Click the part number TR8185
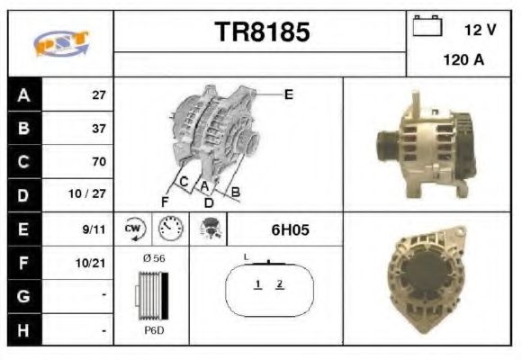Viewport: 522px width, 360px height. pyautogui.click(x=262, y=33)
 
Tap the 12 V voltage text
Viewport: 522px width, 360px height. pyautogui.click(x=481, y=30)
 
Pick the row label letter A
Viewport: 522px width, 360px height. pyautogui.click(x=22, y=94)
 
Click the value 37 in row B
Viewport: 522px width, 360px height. pyautogui.click(x=98, y=128)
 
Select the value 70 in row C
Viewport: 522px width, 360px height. pyautogui.click(x=98, y=162)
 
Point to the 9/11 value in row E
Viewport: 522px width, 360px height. pyautogui.click(x=94, y=229)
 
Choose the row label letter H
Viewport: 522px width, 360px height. pyautogui.click(x=22, y=330)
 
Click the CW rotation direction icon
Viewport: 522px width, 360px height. pyautogui.click(x=134, y=229)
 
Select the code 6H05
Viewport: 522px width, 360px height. pyautogui.click(x=290, y=230)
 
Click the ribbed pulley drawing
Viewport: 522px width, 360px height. pyautogui.click(x=151, y=294)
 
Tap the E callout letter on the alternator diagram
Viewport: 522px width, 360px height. pyautogui.click(x=288, y=94)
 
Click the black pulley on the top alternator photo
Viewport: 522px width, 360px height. pyautogui.click(x=383, y=143)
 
